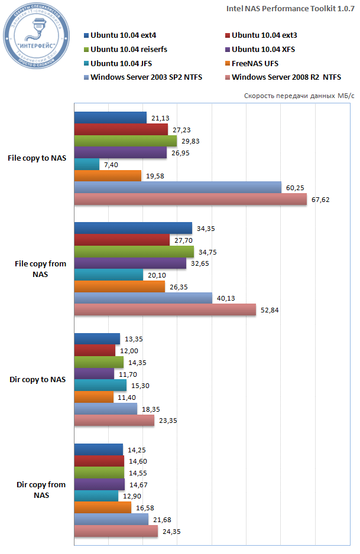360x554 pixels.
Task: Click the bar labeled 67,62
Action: click(x=190, y=200)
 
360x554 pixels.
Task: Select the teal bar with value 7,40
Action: click(x=86, y=164)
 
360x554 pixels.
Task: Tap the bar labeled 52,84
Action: click(x=165, y=310)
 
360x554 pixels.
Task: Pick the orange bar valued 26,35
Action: click(x=119, y=286)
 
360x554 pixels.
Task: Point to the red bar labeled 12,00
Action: click(x=95, y=350)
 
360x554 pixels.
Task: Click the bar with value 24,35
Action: click(x=116, y=532)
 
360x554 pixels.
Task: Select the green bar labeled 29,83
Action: click(x=125, y=141)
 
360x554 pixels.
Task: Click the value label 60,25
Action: click(x=295, y=188)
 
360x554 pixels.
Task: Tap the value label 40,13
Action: click(x=226, y=298)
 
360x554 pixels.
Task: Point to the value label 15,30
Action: click(x=140, y=386)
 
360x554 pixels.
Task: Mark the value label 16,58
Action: click(x=145, y=508)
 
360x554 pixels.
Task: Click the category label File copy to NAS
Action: click(x=37, y=158)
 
